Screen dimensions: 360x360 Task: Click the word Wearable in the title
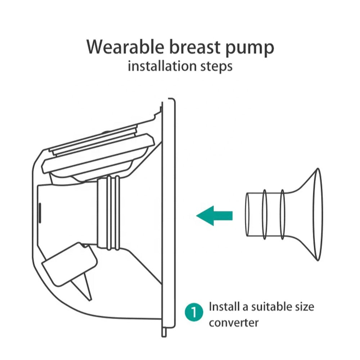125,47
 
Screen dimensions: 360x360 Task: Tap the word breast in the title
195,47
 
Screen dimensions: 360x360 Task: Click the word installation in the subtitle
162,66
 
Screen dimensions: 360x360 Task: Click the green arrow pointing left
214,216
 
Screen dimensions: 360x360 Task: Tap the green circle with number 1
194,312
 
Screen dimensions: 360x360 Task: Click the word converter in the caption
234,323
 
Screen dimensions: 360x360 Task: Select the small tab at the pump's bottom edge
164,332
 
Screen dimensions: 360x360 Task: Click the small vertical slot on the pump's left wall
40,213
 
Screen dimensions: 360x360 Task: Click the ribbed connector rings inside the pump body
113,213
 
